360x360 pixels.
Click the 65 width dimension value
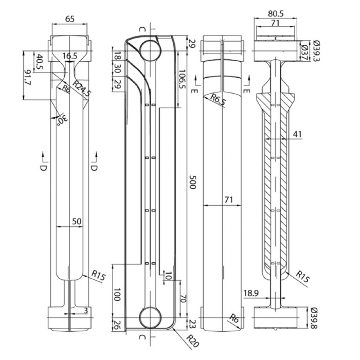70,19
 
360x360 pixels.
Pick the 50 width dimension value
77,221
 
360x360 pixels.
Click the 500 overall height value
192,182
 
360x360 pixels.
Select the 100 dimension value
117,294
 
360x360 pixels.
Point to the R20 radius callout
192,341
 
